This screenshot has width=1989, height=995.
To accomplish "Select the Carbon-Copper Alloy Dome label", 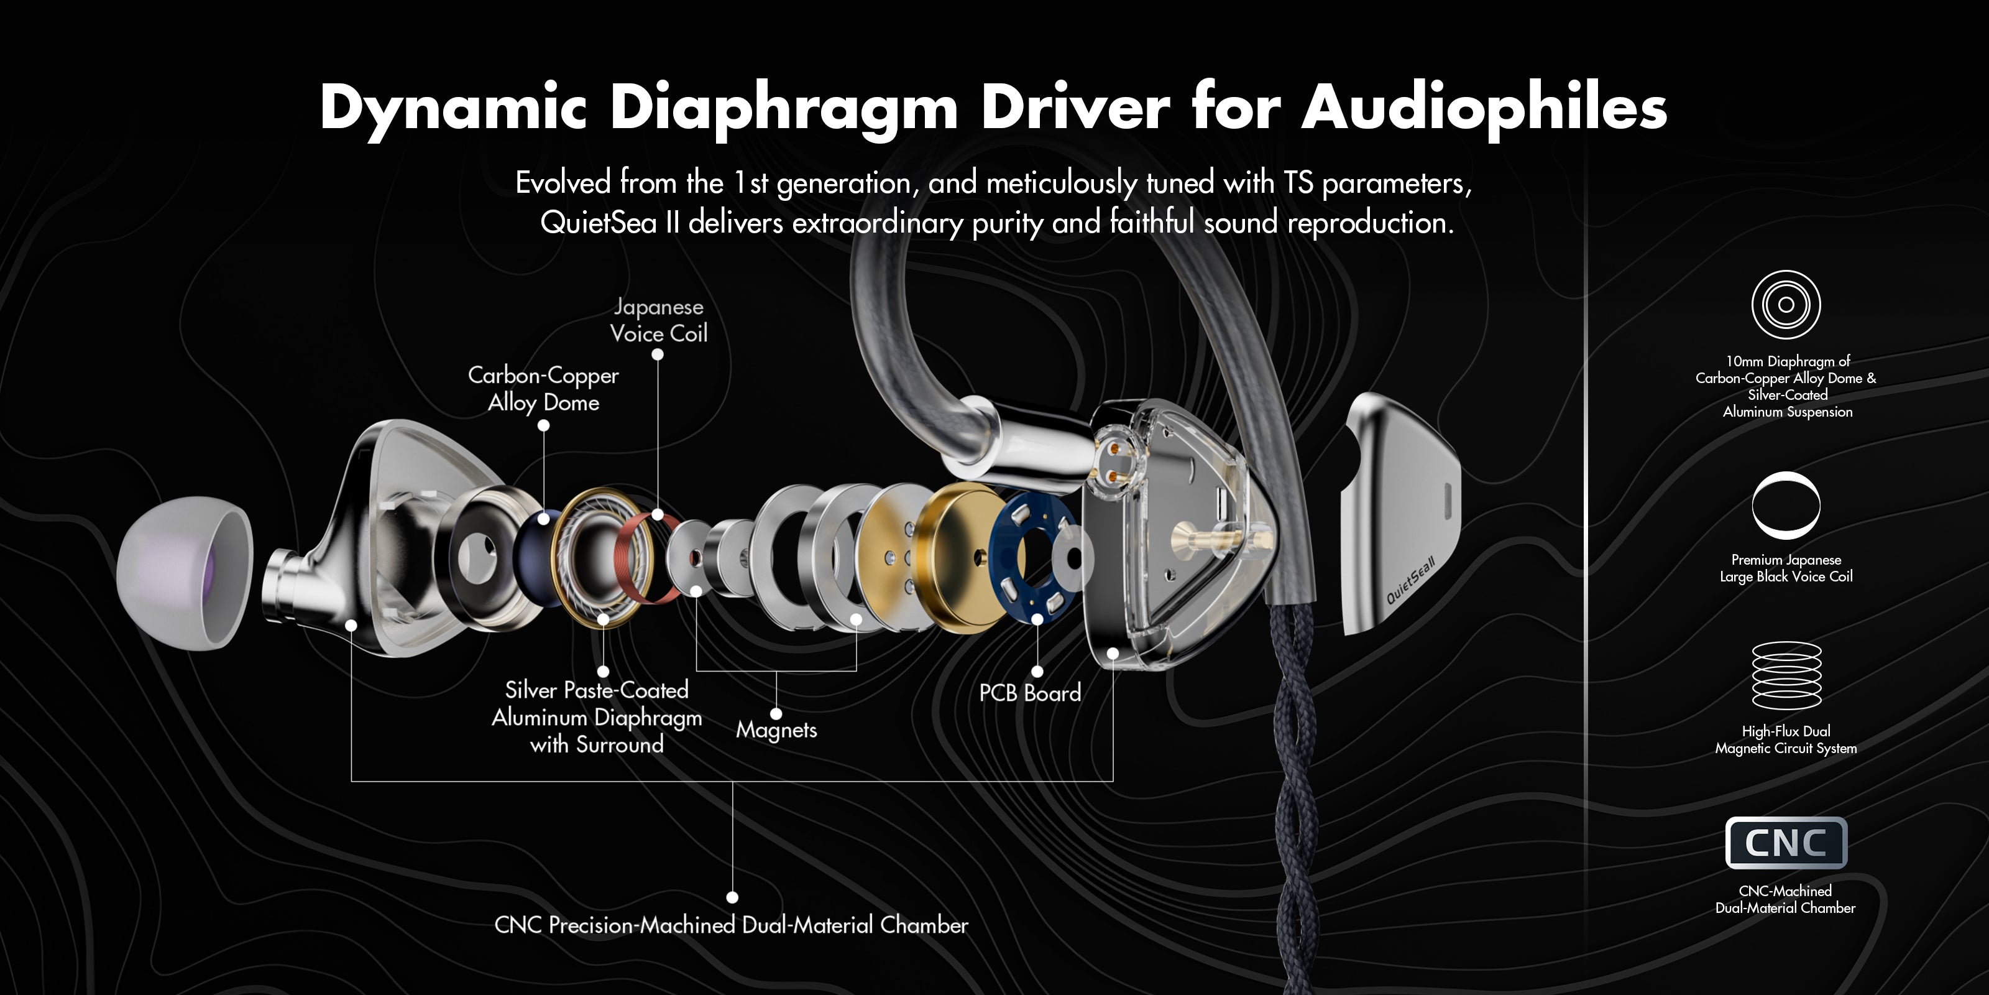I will click(544, 389).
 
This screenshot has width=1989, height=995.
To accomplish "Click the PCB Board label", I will click(1029, 693).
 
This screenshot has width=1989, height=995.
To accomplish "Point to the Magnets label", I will click(776, 729).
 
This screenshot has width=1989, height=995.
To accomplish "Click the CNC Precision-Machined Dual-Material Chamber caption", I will click(730, 925).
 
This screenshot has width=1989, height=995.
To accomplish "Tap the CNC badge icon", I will click(1785, 843).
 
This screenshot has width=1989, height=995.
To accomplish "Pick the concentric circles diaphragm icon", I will click(1785, 304).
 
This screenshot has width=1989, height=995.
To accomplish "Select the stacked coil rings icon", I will click(1786, 675).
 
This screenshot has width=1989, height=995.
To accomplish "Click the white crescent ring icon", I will click(1785, 505).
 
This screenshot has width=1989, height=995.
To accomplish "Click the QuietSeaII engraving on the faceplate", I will click(1410, 580).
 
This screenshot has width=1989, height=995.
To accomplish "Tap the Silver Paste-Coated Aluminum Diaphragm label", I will click(596, 717).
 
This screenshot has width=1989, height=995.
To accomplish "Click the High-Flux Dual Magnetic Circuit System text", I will click(1785, 739).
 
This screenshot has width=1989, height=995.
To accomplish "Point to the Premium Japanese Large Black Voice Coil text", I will click(1785, 568).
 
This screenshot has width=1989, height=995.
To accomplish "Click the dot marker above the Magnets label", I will click(776, 713).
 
